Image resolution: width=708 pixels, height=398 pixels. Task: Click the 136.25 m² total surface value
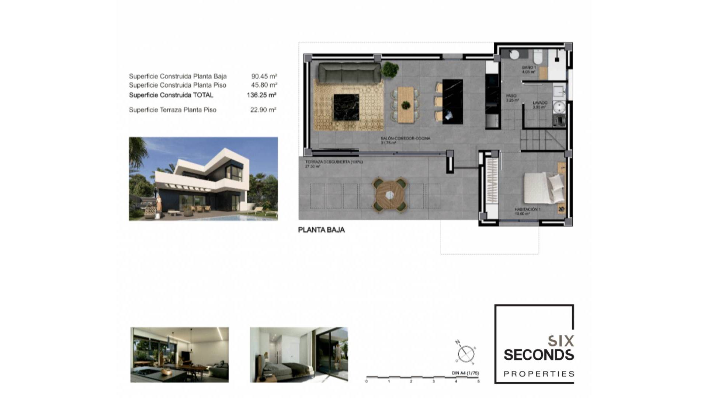pos(261,95)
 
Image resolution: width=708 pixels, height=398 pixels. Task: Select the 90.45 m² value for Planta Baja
pos(264,76)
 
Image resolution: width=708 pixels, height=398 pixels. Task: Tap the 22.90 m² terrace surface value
pos(263,110)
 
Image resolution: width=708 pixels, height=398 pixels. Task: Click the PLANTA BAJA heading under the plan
pos(321,230)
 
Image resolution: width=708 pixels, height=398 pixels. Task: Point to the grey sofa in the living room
pos(349,72)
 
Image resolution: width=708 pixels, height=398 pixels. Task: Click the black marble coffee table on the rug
pos(346,107)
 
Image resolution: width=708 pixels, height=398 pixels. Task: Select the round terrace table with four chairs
pos(390,194)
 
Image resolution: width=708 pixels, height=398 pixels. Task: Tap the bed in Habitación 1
pos(542,188)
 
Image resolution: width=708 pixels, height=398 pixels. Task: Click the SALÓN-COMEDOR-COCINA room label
pos(405,139)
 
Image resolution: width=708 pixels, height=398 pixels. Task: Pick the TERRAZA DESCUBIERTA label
pos(334,162)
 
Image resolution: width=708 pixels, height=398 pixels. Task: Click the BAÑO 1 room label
pos(529,68)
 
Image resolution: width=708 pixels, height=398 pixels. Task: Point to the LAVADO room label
pos(540,103)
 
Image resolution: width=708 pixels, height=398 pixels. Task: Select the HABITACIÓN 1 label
pos(527,209)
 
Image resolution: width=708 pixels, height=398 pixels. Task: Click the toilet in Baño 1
pos(538,57)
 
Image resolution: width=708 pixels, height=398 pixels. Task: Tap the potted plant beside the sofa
pos(390,69)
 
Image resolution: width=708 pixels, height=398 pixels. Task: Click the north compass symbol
pos(466,353)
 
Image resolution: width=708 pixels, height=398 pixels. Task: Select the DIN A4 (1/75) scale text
pos(465,373)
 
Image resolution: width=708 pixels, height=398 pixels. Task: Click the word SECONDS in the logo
pos(538,355)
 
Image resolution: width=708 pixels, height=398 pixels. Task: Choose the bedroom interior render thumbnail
pos(299,355)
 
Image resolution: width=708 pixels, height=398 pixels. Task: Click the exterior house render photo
pos(203,179)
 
